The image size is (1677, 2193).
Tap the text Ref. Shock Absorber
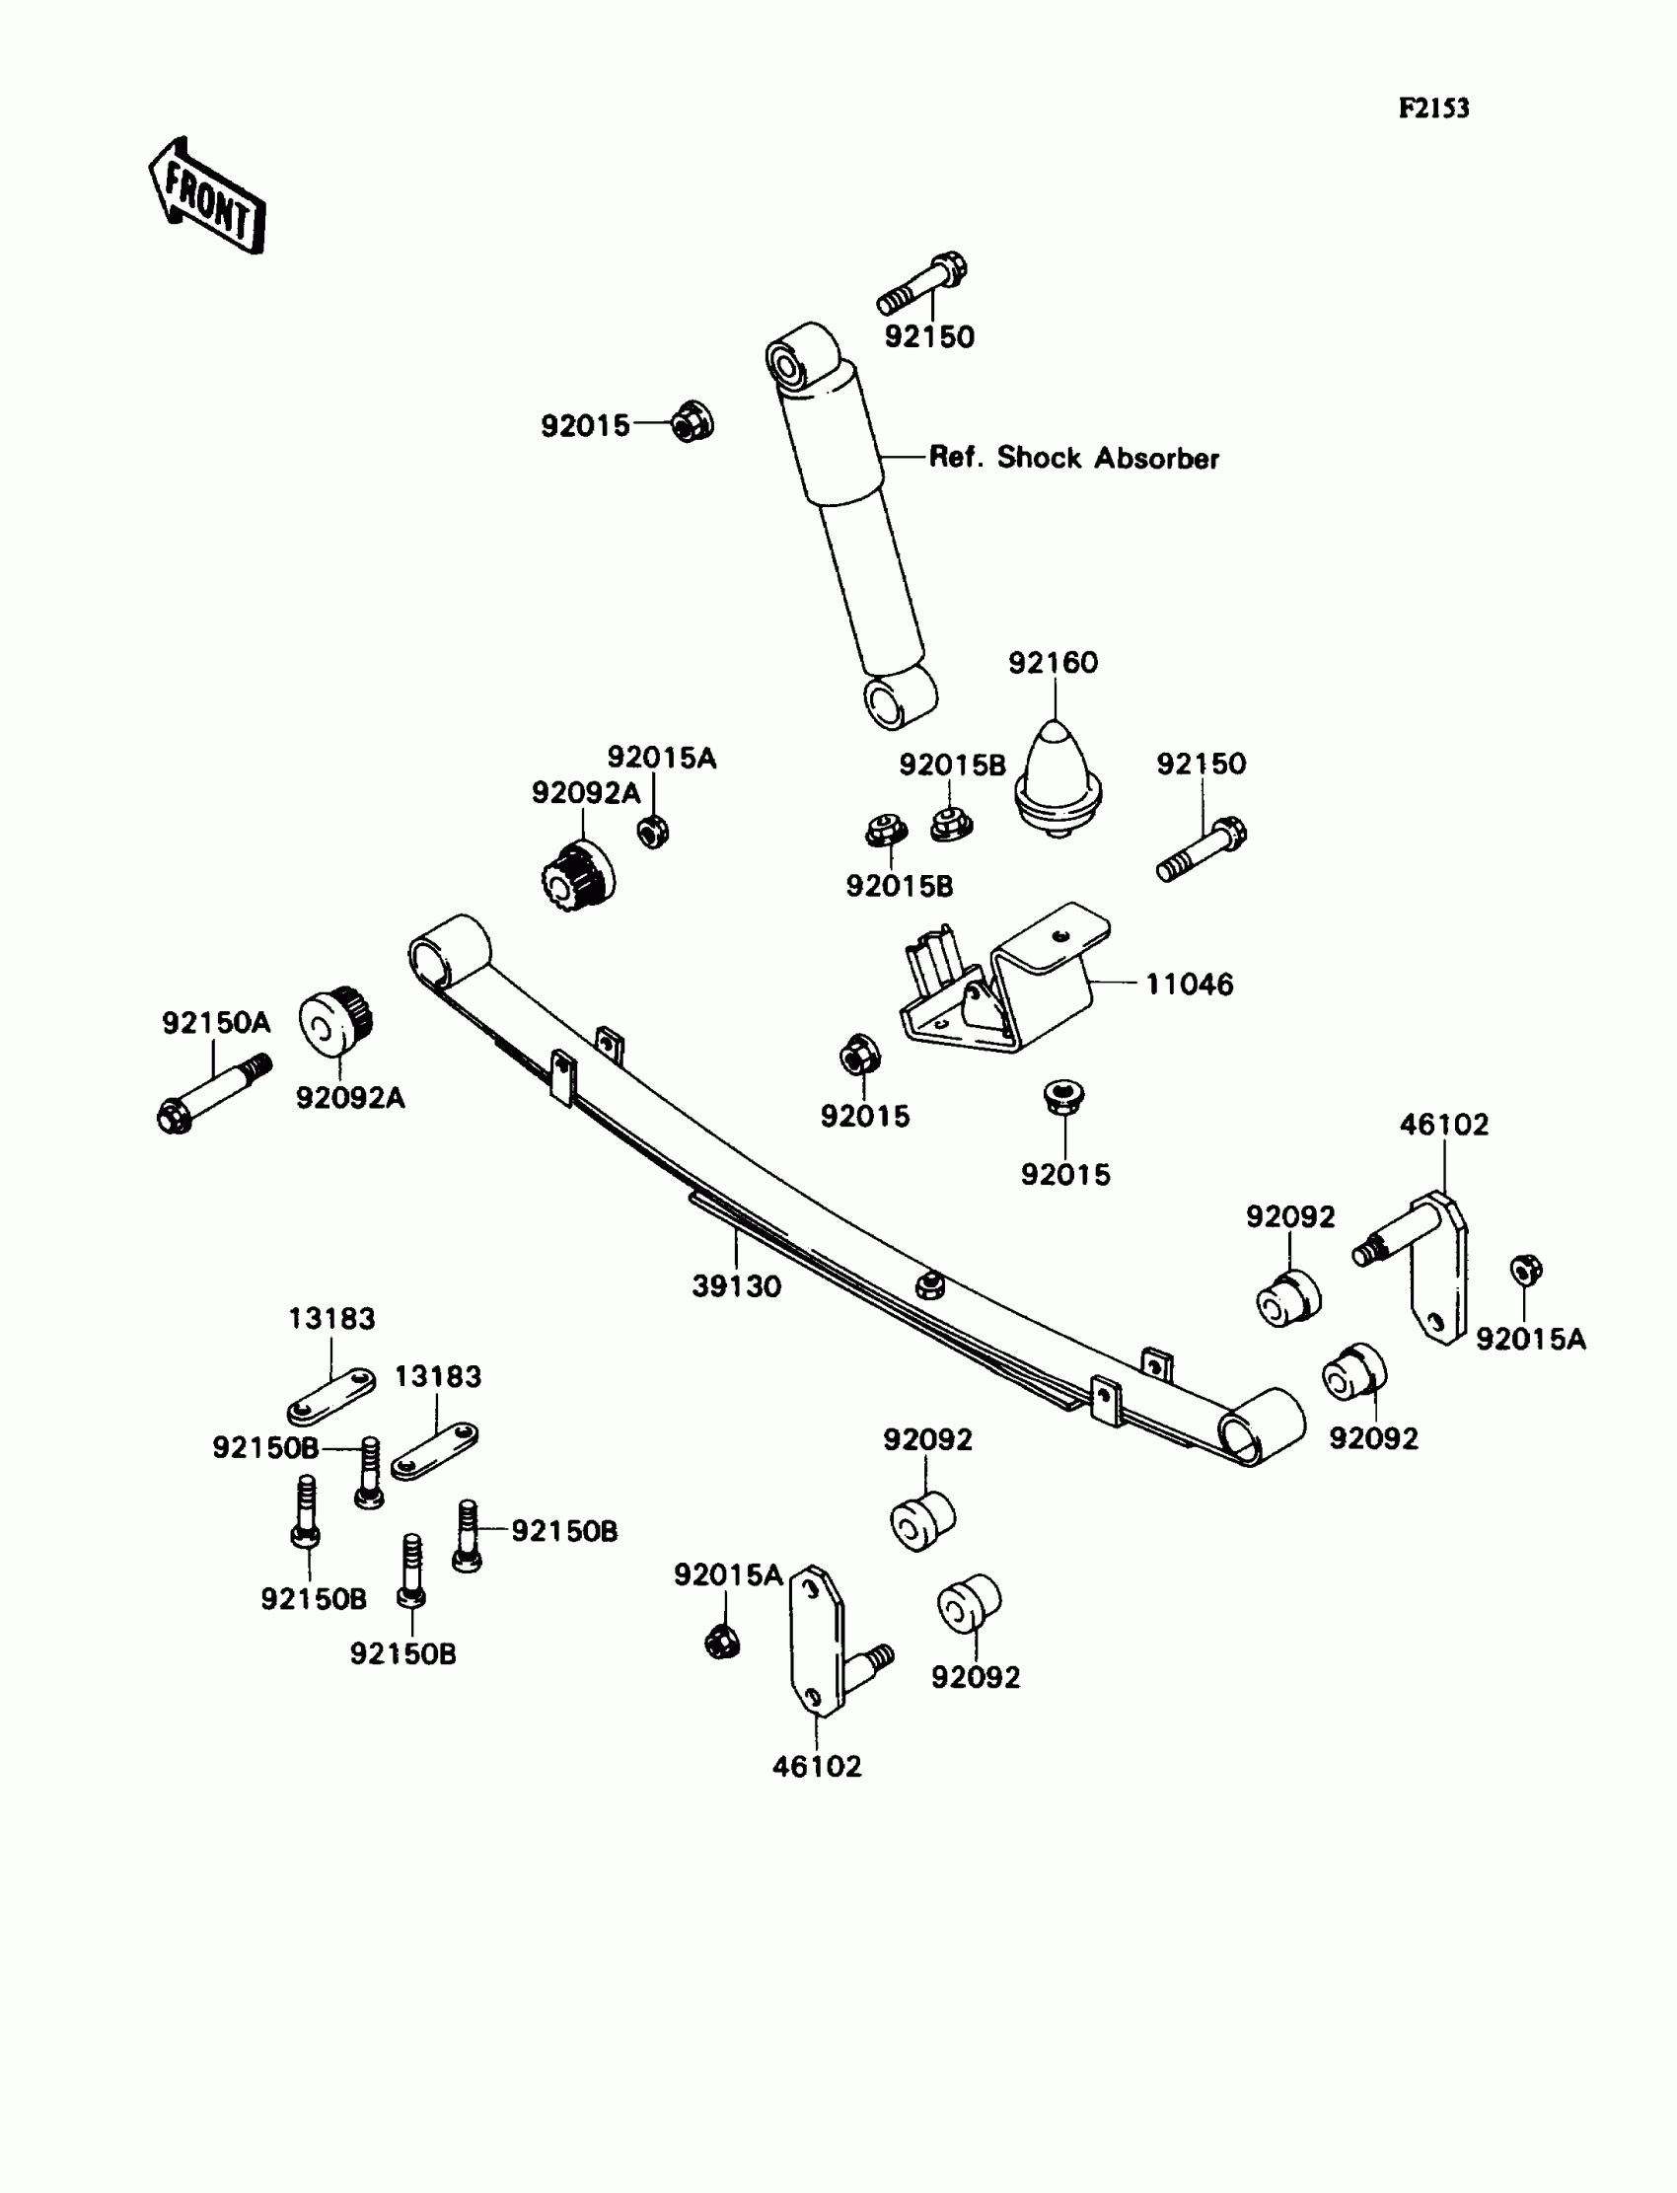(1073, 458)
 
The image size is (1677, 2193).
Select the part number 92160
(1053, 663)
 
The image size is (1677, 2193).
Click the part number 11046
(1188, 985)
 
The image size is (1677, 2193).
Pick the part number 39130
(736, 1286)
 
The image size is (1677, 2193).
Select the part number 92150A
(216, 1023)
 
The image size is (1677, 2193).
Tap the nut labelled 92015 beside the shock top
(691, 422)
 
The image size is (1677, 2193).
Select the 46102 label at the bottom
(816, 1767)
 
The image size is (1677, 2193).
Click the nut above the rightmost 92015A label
(1525, 1271)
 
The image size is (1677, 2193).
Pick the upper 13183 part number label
(331, 1319)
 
